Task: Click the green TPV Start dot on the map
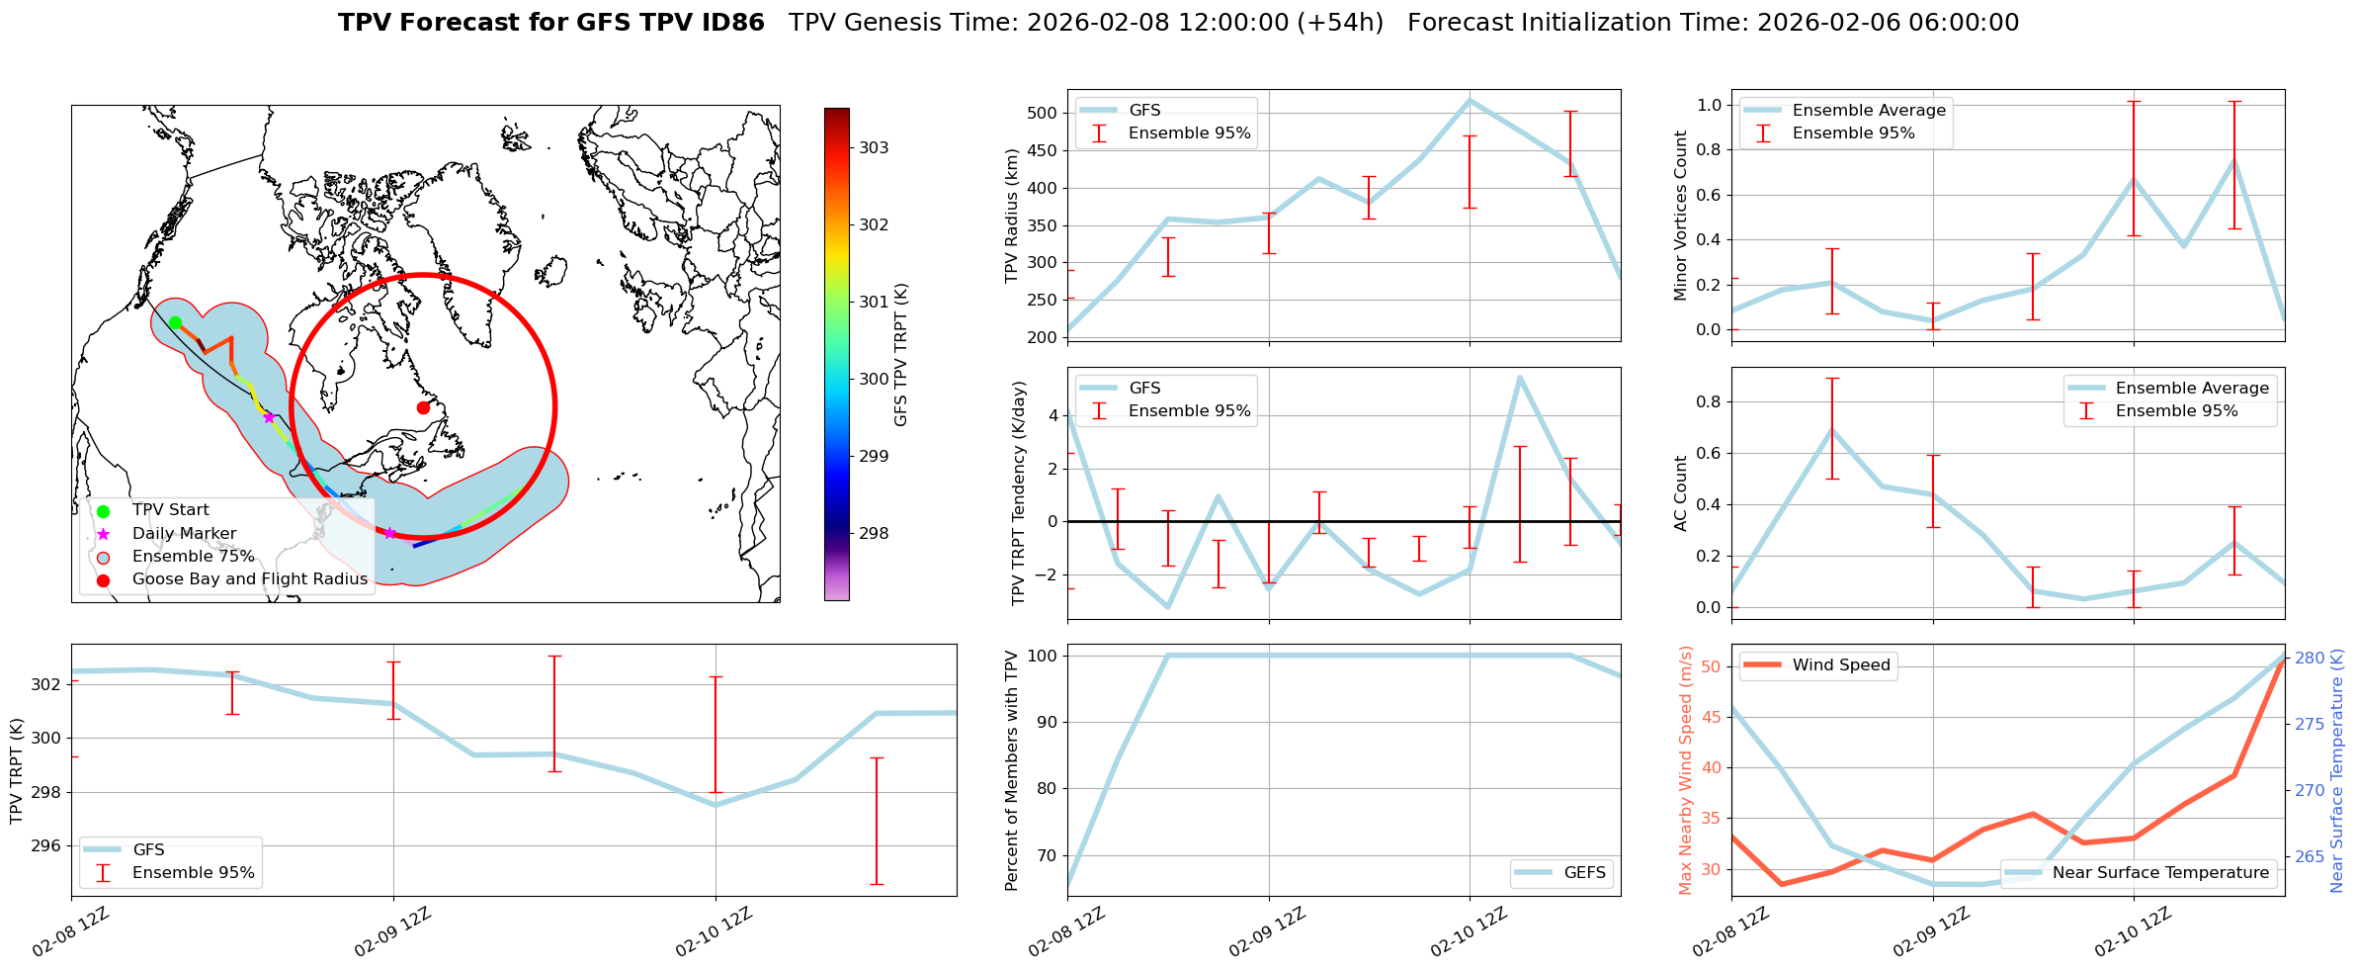point(175,322)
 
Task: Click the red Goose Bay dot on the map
point(423,407)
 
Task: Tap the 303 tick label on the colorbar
point(873,148)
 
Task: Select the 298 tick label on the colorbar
point(873,534)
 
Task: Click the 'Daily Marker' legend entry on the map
point(184,534)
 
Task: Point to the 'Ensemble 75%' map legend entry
point(193,557)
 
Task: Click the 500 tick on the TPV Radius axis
point(1044,113)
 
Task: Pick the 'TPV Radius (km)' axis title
point(1011,216)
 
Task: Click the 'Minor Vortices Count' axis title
point(1681,216)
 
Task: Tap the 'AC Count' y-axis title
point(1681,493)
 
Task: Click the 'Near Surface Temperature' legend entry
point(2159,873)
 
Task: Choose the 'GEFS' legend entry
point(1584,873)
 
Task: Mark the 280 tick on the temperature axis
point(2310,658)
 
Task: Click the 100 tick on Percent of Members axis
point(1044,656)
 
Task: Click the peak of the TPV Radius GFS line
point(1470,100)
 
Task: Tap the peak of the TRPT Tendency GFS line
point(1519,377)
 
